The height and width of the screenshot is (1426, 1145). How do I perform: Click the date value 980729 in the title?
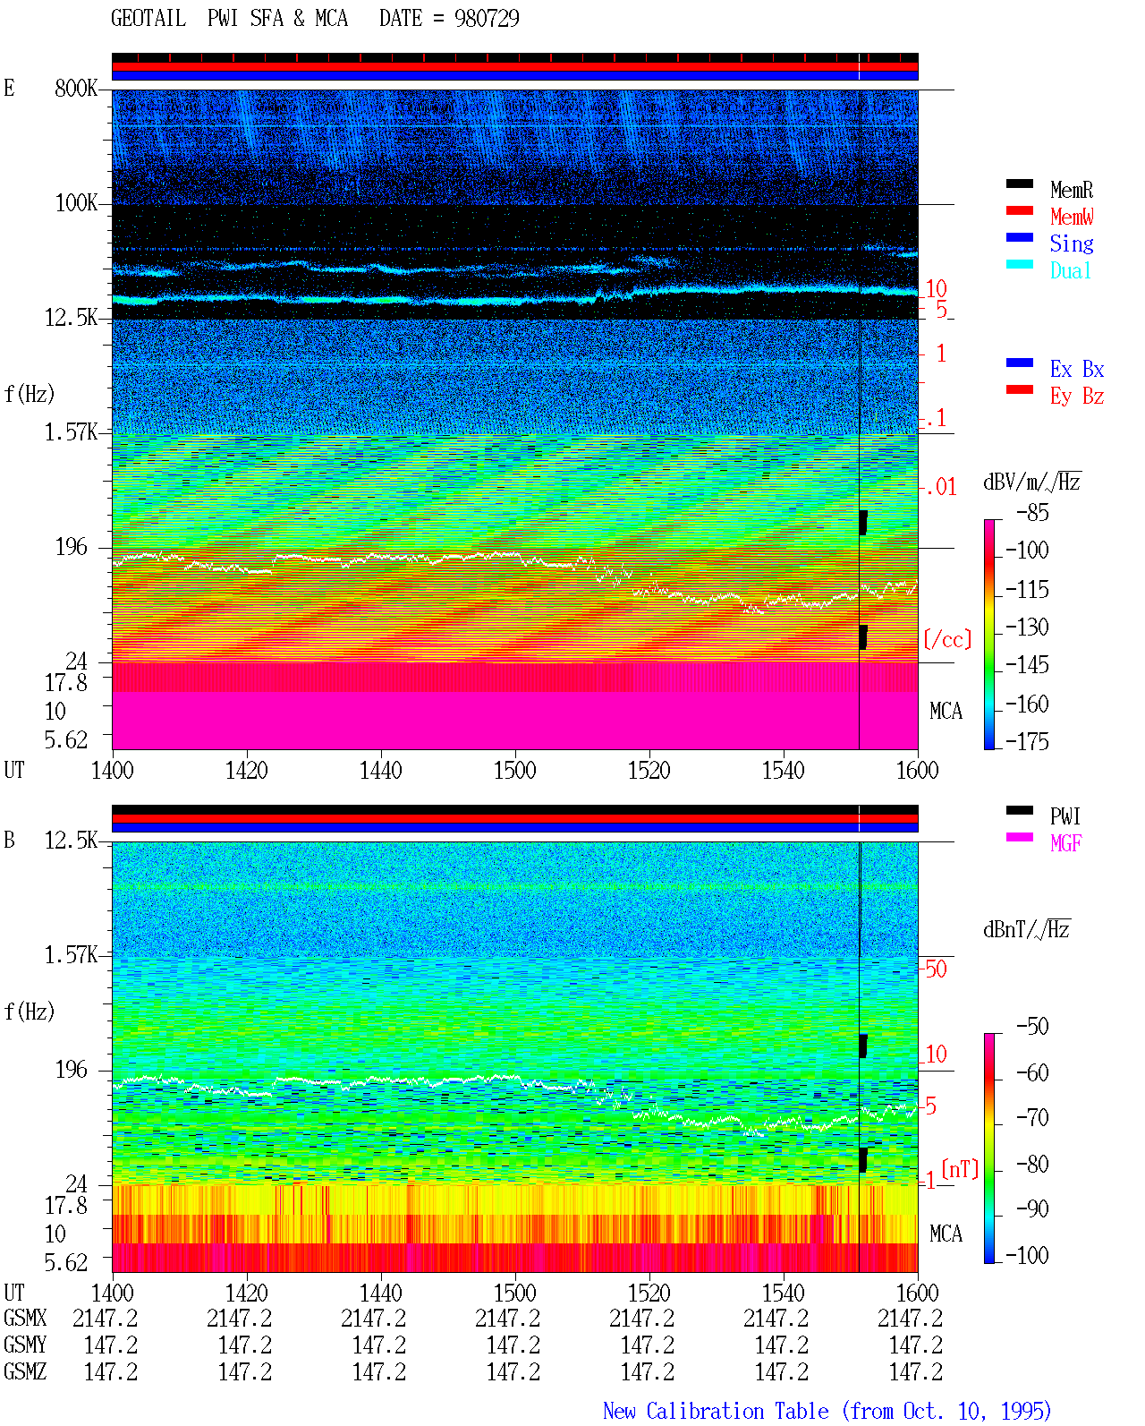pyautogui.click(x=486, y=18)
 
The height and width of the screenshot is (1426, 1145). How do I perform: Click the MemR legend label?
pyautogui.click(x=1071, y=190)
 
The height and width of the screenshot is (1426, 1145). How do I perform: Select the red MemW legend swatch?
pyautogui.click(x=1019, y=210)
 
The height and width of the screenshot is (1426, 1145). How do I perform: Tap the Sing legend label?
pyautogui.click(x=1071, y=243)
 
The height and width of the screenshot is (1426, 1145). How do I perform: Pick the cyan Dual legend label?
pyautogui.click(x=1070, y=270)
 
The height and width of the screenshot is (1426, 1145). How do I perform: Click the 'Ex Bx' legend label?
pyautogui.click(x=1076, y=369)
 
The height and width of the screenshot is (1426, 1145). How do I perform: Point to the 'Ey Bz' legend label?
pyautogui.click(x=1076, y=397)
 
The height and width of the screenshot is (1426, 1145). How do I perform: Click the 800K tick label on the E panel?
pyautogui.click(x=76, y=88)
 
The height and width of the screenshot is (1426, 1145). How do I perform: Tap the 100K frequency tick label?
pyautogui.click(x=76, y=203)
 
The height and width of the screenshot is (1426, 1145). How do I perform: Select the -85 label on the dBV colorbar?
pyautogui.click(x=1032, y=513)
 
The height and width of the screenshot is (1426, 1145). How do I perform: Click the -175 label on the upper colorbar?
pyautogui.click(x=1027, y=741)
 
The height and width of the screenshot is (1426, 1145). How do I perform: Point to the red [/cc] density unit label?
pyautogui.click(x=947, y=639)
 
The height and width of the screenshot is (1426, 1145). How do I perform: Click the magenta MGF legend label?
pyautogui.click(x=1065, y=843)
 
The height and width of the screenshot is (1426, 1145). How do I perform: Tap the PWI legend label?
pyautogui.click(x=1064, y=816)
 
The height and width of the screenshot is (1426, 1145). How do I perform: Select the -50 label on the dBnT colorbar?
pyautogui.click(x=1032, y=1027)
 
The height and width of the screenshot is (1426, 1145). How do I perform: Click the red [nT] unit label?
pyautogui.click(x=960, y=1169)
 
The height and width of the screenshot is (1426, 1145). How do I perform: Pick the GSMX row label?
pyautogui.click(x=25, y=1318)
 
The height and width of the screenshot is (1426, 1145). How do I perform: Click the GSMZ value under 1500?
pyautogui.click(x=513, y=1371)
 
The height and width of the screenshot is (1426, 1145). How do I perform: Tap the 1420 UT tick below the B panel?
pyautogui.click(x=246, y=1293)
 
